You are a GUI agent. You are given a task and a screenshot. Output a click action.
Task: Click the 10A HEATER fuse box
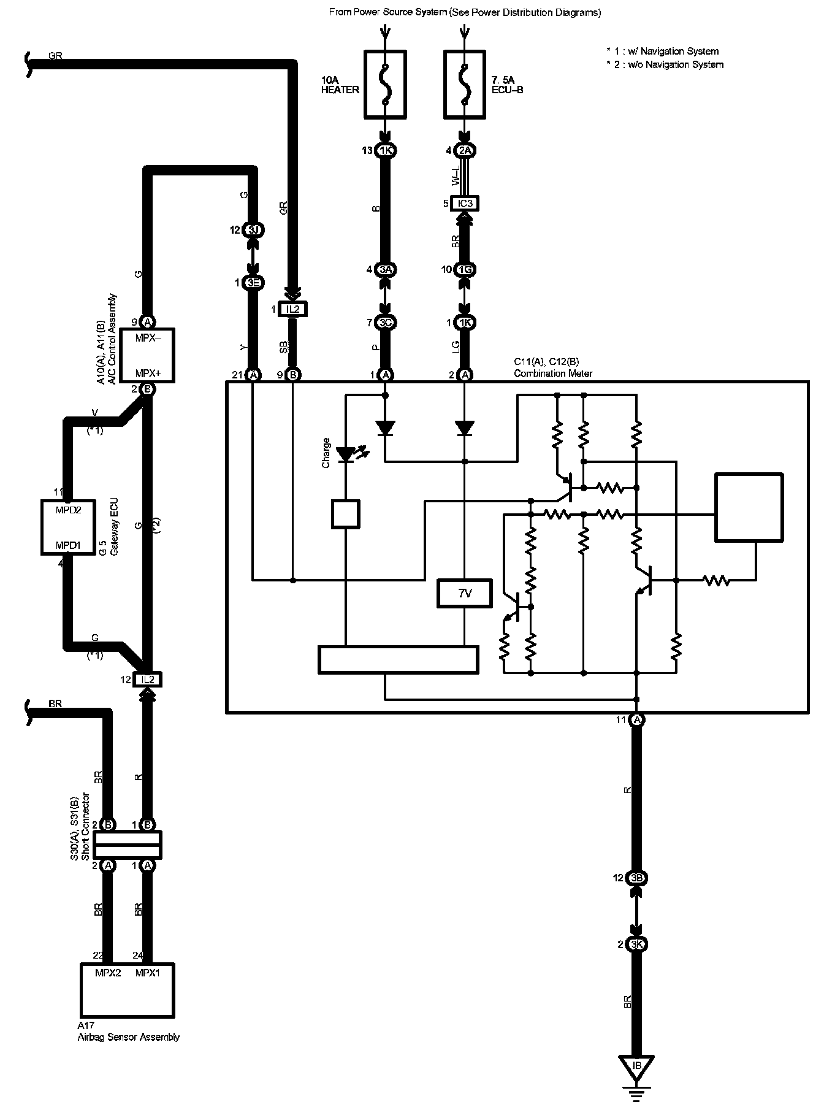[x=385, y=84]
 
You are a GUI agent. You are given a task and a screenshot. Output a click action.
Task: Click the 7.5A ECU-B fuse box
[x=464, y=84]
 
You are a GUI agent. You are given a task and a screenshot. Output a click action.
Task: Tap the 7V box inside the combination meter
[x=465, y=593]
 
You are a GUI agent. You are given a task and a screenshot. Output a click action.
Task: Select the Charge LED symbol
[x=346, y=455]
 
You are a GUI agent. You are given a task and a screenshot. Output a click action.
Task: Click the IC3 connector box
[x=464, y=203]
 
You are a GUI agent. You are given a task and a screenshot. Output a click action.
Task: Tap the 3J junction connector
[x=253, y=230]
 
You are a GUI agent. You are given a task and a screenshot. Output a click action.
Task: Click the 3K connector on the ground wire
[x=636, y=944]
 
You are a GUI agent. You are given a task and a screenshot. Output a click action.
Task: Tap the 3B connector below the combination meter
[x=636, y=878]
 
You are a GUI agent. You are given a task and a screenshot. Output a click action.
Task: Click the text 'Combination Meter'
[x=553, y=374]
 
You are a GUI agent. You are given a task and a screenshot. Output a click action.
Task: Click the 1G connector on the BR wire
[x=464, y=269]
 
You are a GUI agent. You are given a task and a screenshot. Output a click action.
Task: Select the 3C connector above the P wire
[x=385, y=323]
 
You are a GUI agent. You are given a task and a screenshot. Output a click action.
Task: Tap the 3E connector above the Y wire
[x=253, y=283]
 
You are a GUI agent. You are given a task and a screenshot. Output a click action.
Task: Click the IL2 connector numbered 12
[x=147, y=679]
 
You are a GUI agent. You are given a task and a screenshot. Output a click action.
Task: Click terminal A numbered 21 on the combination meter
[x=253, y=375]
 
